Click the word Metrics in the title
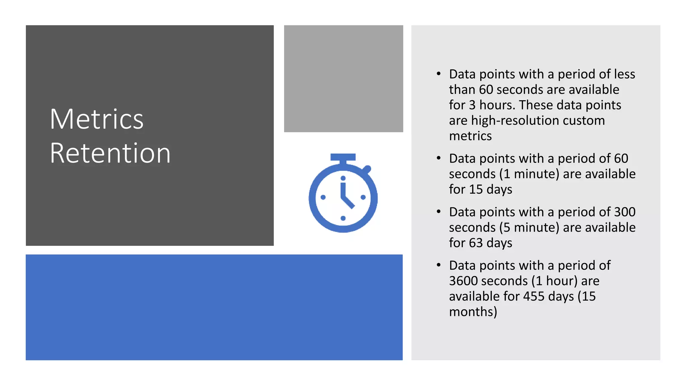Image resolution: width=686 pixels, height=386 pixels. (96, 119)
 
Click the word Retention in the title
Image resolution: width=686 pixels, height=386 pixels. (110, 153)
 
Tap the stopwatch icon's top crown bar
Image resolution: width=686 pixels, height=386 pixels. (343, 157)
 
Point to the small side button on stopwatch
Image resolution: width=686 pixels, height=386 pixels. (367, 169)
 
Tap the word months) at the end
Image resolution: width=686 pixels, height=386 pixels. (473, 312)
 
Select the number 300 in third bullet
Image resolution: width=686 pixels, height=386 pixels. (625, 212)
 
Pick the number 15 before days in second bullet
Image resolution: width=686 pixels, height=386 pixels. (476, 190)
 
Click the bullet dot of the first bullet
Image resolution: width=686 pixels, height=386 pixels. (439, 74)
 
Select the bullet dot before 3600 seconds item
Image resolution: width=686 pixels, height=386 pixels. (439, 265)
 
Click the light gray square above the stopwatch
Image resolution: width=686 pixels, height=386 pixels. (343, 78)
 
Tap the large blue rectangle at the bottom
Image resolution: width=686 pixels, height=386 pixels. (214, 307)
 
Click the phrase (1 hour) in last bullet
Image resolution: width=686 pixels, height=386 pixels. (554, 281)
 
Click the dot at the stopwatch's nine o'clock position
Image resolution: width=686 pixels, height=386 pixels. (323, 197)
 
